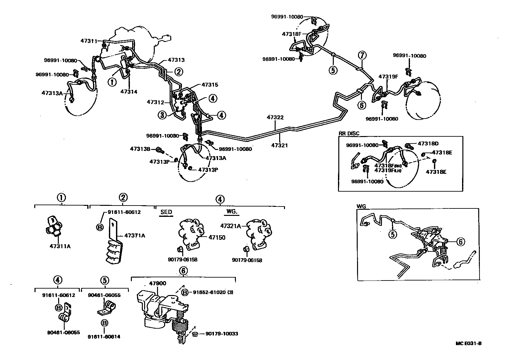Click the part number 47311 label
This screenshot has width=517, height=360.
(x=89, y=41)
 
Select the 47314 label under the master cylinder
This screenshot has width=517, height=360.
(x=129, y=92)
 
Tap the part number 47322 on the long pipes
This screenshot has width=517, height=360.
(x=275, y=117)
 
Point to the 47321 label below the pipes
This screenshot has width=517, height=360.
(x=279, y=146)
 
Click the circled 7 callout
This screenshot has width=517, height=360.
(x=362, y=55)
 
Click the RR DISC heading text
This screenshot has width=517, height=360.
(x=349, y=133)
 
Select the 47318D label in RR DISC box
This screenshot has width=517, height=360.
(x=428, y=143)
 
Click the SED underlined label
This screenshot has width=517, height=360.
(x=166, y=212)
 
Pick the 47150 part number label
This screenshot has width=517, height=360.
(x=217, y=238)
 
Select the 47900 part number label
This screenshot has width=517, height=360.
(x=157, y=283)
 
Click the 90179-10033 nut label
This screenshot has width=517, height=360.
(x=221, y=334)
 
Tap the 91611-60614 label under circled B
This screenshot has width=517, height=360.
(x=104, y=337)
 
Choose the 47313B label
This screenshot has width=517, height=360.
(x=140, y=149)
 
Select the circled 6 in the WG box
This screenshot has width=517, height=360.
(x=461, y=241)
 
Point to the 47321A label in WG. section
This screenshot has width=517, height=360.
(x=231, y=226)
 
